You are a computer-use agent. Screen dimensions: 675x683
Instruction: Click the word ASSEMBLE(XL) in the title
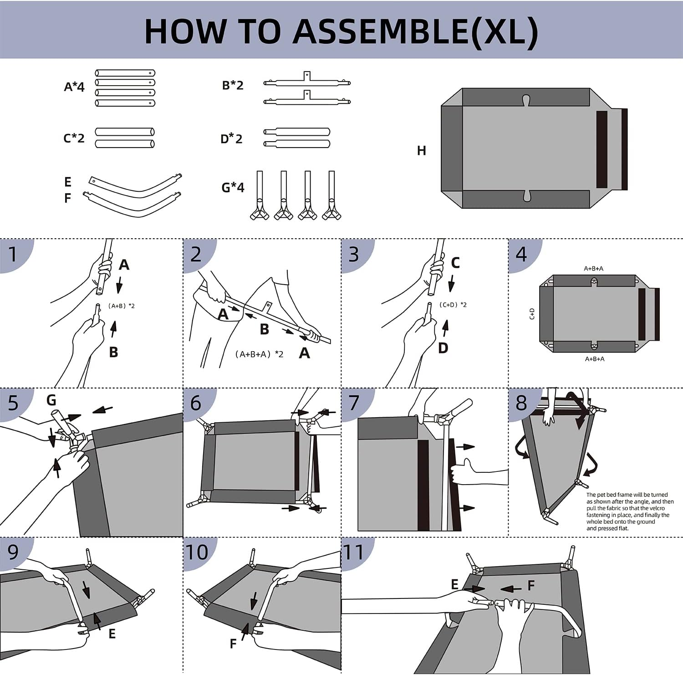[415, 31]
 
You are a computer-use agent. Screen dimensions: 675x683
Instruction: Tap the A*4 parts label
[74, 87]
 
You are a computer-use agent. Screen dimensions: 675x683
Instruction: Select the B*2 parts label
[233, 85]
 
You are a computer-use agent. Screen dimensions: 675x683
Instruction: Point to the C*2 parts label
[74, 138]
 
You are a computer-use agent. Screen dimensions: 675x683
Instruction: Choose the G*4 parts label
[233, 187]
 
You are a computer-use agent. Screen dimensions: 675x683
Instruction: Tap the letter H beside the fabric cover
[422, 151]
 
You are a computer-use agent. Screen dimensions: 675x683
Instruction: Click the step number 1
[13, 254]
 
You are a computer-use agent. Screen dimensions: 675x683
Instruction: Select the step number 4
[521, 254]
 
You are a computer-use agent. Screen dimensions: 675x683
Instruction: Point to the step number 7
[353, 403]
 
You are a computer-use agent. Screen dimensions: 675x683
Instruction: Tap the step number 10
[197, 552]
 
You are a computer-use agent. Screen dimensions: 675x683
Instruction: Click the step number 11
[353, 552]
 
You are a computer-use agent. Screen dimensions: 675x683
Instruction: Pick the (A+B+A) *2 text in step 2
[259, 354]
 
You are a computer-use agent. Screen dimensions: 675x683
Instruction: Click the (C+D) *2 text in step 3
[453, 305]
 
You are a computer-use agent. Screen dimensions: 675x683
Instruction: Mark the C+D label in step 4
[532, 313]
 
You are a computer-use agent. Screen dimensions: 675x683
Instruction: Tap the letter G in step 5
[51, 400]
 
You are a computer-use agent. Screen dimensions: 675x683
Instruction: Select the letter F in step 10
[233, 644]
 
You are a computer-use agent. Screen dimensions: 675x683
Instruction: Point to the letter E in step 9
[112, 634]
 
